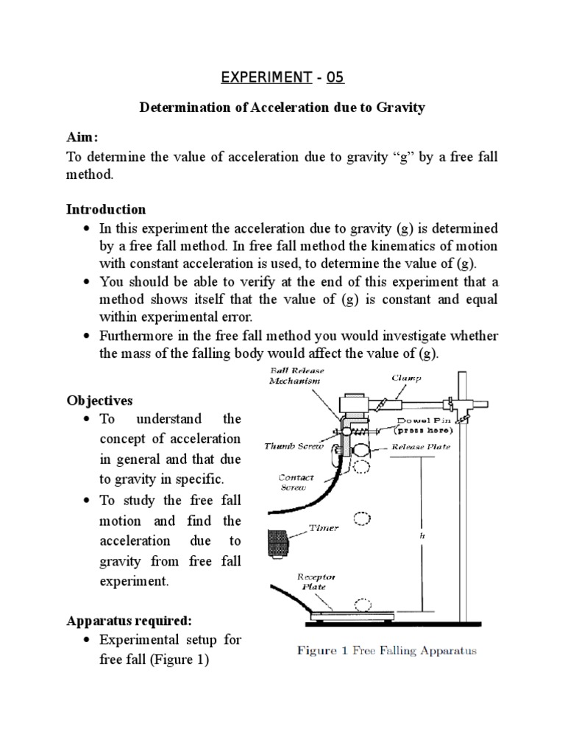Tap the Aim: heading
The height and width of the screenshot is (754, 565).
82,138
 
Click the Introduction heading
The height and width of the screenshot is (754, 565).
106,209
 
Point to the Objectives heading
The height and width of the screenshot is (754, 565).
99,401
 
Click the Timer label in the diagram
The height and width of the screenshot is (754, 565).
324,528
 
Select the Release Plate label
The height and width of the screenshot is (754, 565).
420,445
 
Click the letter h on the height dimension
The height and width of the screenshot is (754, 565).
422,537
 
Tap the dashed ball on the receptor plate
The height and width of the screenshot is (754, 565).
362,605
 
